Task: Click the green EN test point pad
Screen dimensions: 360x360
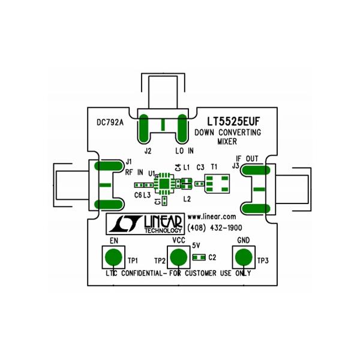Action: pos(112,257)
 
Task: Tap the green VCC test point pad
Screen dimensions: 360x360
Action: pos(178,257)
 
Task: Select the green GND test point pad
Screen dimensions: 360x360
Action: pos(244,257)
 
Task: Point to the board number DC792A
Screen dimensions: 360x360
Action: pos(110,122)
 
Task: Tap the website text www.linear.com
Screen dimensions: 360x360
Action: pos(211,216)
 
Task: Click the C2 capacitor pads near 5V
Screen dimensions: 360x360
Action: pos(199,257)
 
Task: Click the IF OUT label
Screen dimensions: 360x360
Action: pos(248,159)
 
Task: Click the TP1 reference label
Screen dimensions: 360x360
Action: pos(133,261)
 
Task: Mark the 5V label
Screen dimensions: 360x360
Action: pos(196,246)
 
